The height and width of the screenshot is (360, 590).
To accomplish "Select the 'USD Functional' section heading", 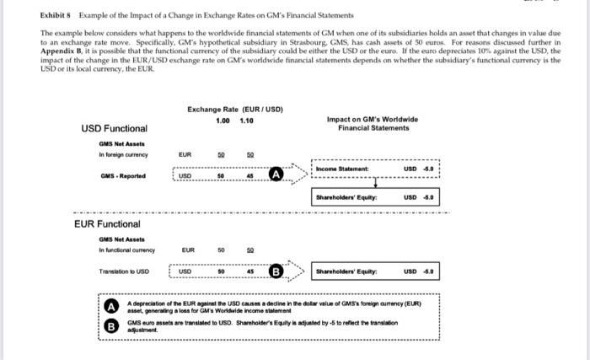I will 114,128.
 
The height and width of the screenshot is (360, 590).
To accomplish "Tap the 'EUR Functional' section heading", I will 106,224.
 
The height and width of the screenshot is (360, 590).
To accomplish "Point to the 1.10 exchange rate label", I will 247,121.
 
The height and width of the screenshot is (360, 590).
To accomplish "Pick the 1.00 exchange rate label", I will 222,121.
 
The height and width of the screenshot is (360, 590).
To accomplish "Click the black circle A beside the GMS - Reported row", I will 276,175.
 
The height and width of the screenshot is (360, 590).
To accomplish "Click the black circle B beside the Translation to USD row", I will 276,271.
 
